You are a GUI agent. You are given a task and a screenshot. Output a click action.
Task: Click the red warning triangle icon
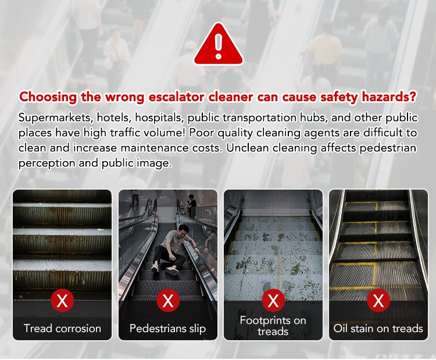[x=219, y=45]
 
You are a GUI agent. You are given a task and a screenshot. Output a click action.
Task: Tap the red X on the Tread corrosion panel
[x=62, y=300]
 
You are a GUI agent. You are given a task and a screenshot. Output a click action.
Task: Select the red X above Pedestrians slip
[x=167, y=300]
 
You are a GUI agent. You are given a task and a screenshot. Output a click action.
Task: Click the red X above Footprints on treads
[x=273, y=300]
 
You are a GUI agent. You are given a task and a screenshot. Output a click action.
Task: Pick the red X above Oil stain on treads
[x=378, y=300]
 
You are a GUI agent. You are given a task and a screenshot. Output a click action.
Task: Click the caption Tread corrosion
[x=62, y=329]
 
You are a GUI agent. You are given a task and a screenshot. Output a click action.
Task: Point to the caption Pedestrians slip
[x=167, y=329]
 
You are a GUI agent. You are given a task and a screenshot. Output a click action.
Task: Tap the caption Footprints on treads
[x=273, y=326]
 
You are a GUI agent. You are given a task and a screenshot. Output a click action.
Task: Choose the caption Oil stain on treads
[x=378, y=329]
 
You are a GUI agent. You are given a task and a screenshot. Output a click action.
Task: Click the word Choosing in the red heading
[x=48, y=97]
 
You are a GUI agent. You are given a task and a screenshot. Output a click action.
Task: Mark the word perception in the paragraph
[x=47, y=163]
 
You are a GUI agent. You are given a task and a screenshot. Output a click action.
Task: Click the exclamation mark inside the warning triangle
[x=219, y=46]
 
